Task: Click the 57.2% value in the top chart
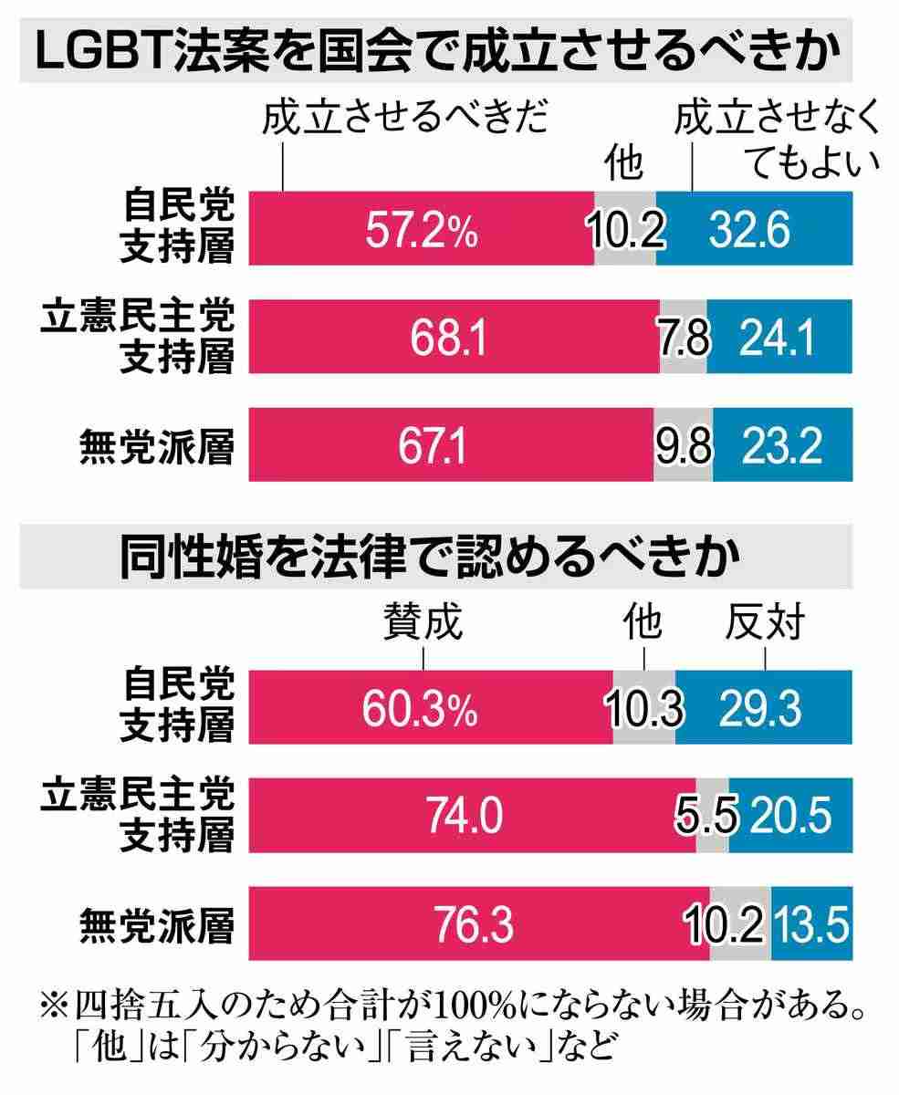pyautogui.click(x=422, y=229)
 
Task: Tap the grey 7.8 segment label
pyautogui.click(x=682, y=338)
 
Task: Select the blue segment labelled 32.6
pyautogui.click(x=753, y=229)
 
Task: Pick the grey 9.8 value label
pyautogui.click(x=683, y=445)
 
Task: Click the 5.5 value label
pyautogui.click(x=712, y=815)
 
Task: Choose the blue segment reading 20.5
pyautogui.click(x=790, y=815)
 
